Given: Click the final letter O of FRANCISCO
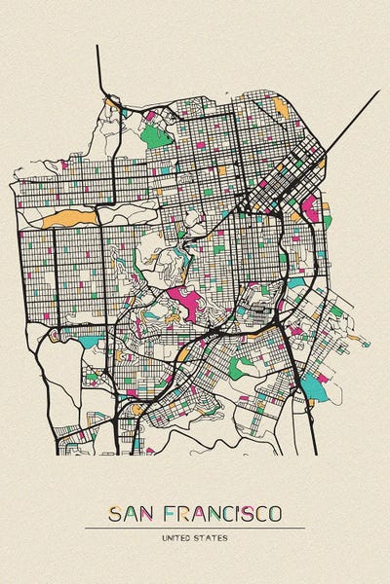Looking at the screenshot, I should [277, 512].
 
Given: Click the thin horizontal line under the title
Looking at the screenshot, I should [195, 528].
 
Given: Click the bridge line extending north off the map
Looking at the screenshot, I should [98, 68].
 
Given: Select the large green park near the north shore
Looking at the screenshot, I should [156, 134].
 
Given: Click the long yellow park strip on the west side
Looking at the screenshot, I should [64, 216].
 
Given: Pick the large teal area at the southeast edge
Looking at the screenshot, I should [314, 387].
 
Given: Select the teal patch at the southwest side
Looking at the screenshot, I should [92, 343].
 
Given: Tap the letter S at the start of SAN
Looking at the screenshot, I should [115, 512].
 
